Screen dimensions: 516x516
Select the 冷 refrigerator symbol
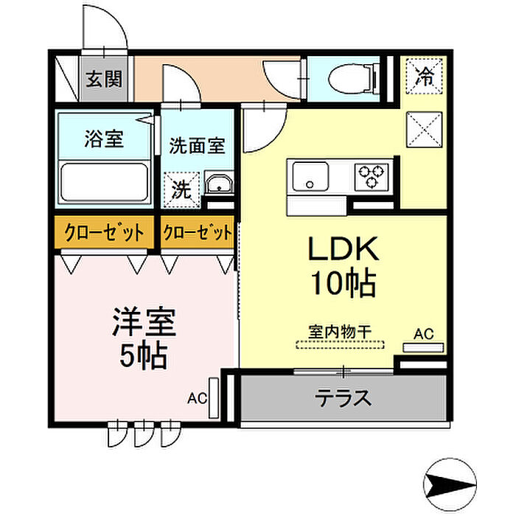(x=423, y=75)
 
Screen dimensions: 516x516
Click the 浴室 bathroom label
(x=104, y=138)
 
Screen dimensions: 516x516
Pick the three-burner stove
(x=372, y=176)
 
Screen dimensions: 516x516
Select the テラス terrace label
(x=343, y=399)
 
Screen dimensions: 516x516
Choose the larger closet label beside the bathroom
(x=104, y=234)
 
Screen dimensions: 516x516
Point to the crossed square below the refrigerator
(x=423, y=130)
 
